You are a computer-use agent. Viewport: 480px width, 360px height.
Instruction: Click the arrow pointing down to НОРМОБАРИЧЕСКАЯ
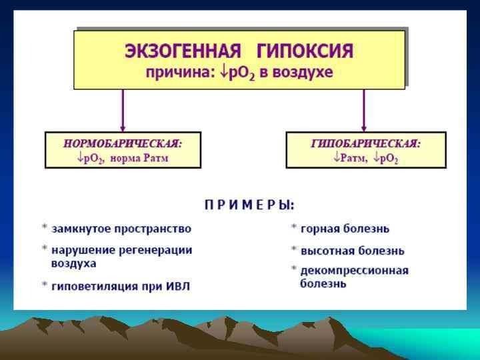(123, 110)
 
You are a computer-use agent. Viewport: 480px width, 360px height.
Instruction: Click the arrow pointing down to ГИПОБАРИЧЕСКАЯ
(363, 110)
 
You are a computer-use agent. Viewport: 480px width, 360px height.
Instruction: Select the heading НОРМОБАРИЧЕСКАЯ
(123, 143)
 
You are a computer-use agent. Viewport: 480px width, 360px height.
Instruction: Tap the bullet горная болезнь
(345, 229)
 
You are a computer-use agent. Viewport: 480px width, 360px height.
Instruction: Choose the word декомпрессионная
(354, 271)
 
